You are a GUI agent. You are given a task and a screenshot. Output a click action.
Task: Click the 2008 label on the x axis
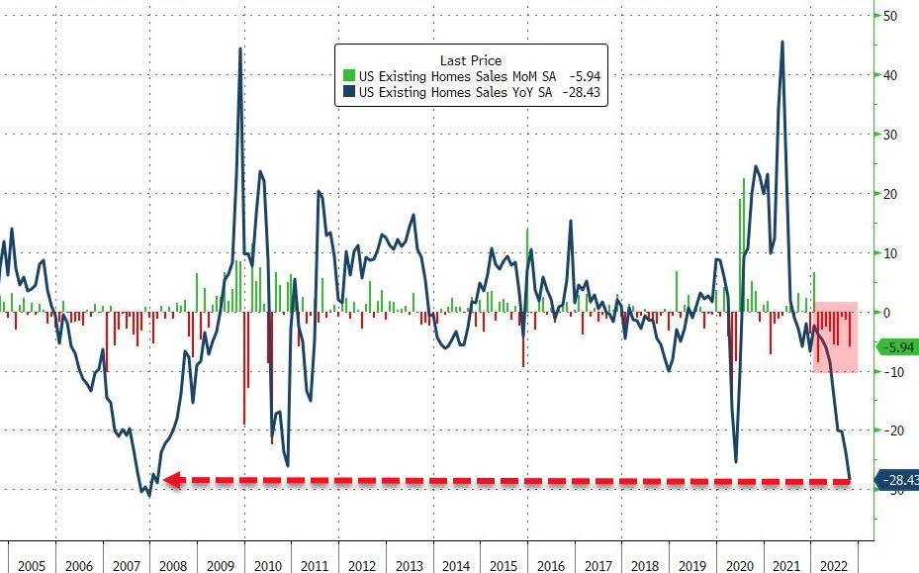tap(173, 565)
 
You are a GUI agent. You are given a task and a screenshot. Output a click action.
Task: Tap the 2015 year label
tap(503, 565)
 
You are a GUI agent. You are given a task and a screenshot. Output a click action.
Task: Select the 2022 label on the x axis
tap(832, 565)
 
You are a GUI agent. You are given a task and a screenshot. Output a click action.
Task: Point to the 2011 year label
tap(315, 565)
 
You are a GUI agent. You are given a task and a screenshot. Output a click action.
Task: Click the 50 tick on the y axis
tap(890, 17)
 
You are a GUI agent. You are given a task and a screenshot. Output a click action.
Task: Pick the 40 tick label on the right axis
tap(890, 75)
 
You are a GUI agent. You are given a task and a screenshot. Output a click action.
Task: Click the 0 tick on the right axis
tap(887, 313)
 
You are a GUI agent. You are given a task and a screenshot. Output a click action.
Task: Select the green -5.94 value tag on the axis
tap(897, 347)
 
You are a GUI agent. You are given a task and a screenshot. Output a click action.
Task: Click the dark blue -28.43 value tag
tap(898, 481)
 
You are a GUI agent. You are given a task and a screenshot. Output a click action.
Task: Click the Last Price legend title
tap(471, 60)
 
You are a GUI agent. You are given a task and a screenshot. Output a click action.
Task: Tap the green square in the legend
tap(348, 76)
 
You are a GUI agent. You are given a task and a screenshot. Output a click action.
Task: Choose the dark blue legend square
tap(348, 93)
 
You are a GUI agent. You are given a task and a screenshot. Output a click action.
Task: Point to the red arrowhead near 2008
tap(169, 480)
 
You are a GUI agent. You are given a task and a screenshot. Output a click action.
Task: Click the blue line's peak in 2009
tap(240, 48)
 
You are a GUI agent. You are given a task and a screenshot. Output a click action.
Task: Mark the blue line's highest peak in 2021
tap(782, 42)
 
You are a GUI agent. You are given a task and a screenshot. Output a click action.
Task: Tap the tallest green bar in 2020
tap(743, 179)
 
